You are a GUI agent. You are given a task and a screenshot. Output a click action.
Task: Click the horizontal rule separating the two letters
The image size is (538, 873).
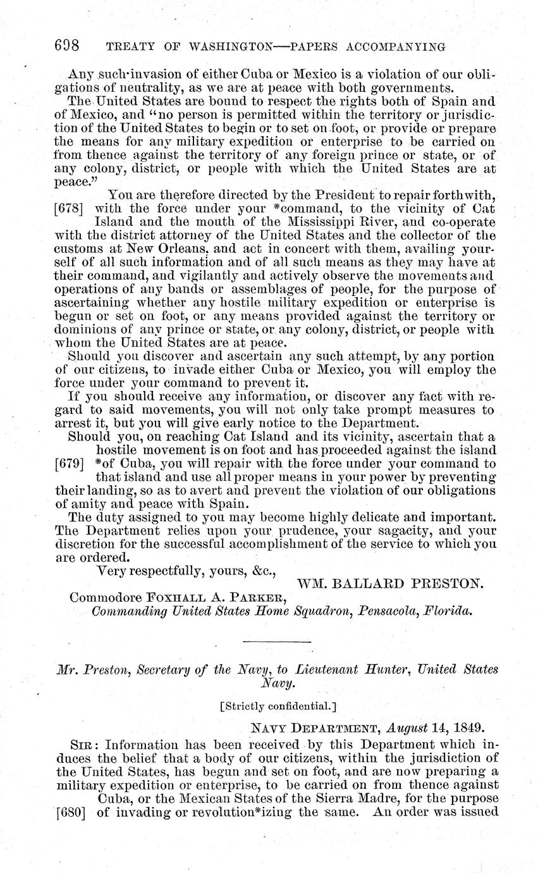point(278,643)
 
